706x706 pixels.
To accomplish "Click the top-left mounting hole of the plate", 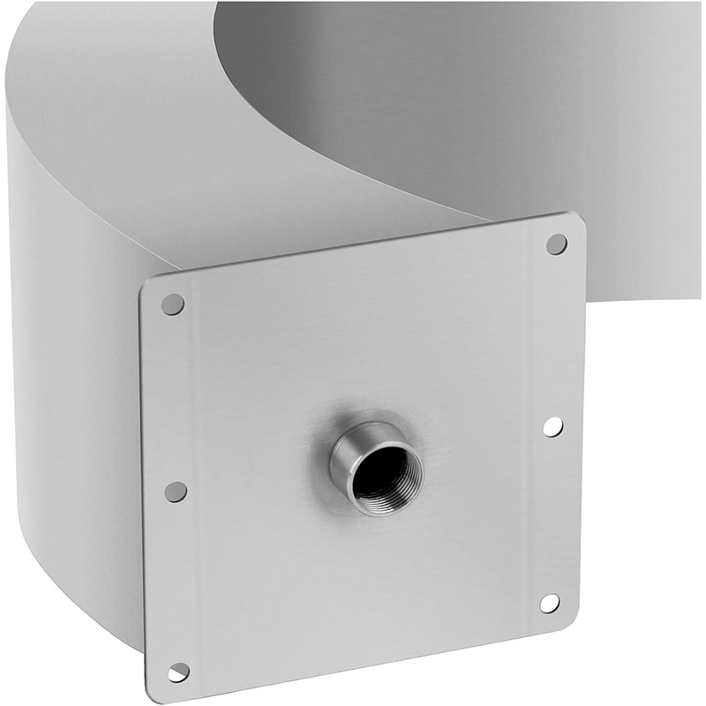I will coord(174,304).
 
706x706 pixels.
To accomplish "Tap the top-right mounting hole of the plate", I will coord(556,244).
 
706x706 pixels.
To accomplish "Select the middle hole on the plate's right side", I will coord(552,426).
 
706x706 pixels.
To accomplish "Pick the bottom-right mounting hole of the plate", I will coord(549,603).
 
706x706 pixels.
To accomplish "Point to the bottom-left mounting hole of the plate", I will coord(178,672).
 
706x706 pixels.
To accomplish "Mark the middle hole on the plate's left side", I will coord(176,492).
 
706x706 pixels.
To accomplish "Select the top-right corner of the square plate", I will coord(579,216).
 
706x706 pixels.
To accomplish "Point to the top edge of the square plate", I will coord(353,250).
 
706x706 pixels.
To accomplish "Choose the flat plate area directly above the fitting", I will coord(371,344).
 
